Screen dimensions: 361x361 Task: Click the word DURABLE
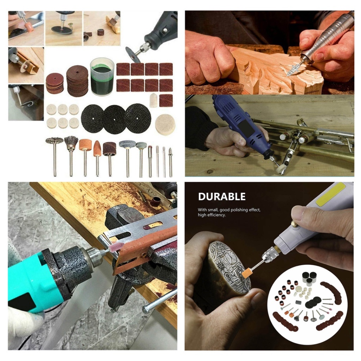click(x=222, y=197)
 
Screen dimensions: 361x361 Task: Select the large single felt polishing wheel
click(x=165, y=125)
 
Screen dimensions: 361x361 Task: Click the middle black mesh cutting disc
click(x=115, y=119)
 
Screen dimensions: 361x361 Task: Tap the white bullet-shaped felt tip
click(x=154, y=100)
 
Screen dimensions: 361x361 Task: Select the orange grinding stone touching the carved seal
click(x=247, y=274)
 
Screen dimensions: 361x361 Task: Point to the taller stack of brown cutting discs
click(x=77, y=81)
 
